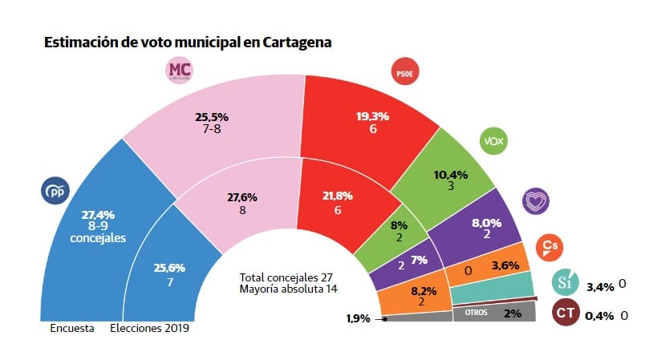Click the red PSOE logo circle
click(404, 73)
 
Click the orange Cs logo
click(550, 248)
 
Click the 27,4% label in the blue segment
click(98, 214)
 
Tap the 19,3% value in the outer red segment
click(372, 116)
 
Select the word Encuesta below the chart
click(72, 328)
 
